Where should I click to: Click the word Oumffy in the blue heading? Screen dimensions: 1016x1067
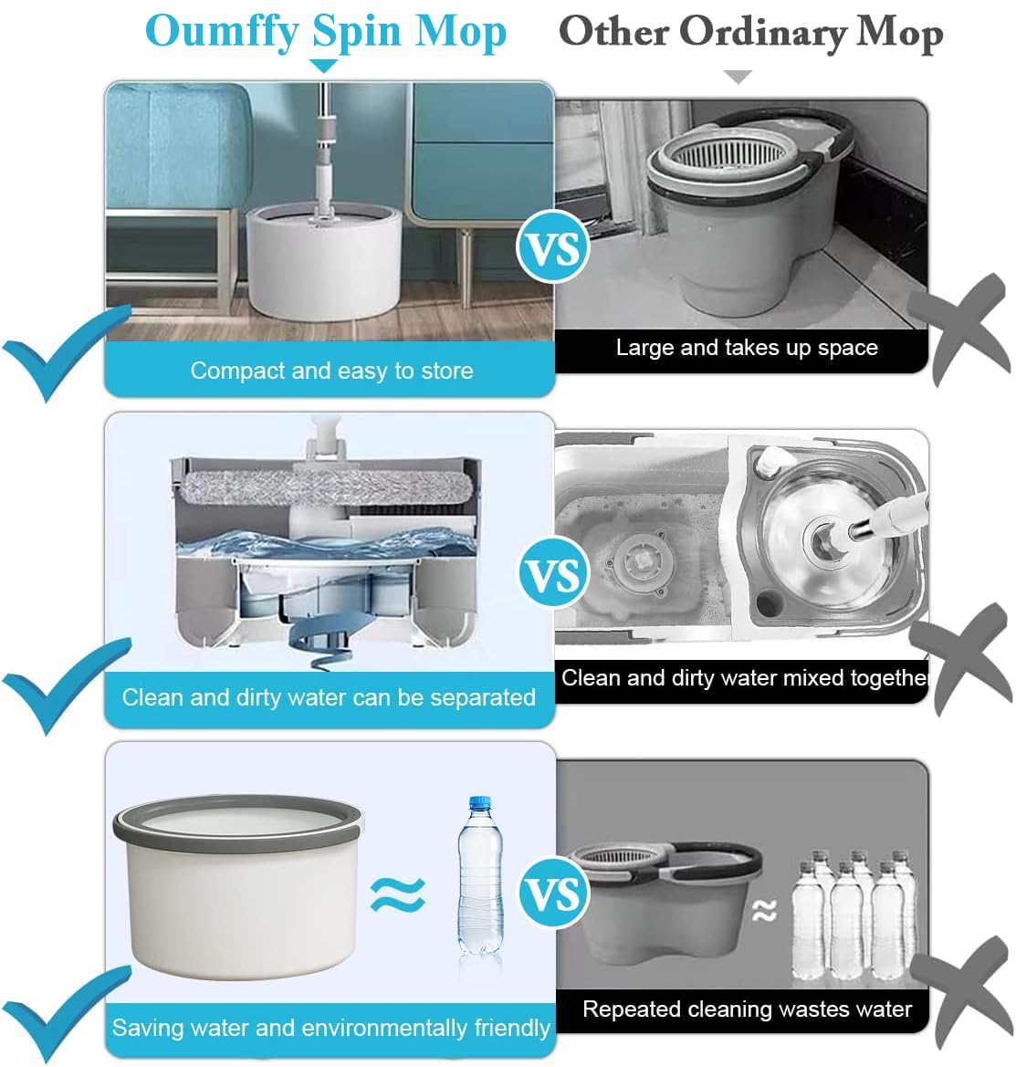point(222,32)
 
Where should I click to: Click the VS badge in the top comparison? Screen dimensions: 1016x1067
point(552,247)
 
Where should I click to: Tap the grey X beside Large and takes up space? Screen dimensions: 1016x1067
point(959,330)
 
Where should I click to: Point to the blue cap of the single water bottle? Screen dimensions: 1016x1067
point(480,802)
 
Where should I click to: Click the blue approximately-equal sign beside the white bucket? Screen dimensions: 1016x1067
point(398,894)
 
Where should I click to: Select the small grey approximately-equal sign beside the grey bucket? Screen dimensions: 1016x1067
point(764,911)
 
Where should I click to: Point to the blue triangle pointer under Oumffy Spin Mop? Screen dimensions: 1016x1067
point(324,66)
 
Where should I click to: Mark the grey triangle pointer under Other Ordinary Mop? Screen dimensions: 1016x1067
point(738,77)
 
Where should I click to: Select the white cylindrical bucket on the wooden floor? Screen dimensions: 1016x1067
point(324,261)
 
